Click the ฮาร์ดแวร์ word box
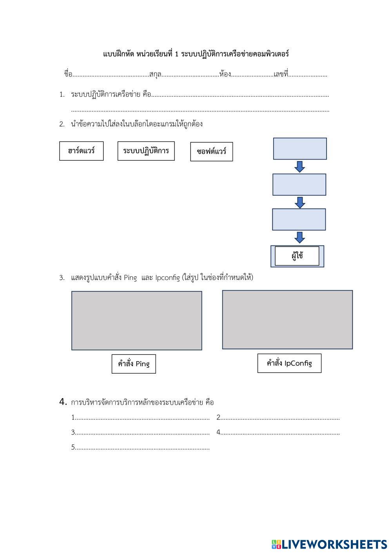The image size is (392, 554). point(82,151)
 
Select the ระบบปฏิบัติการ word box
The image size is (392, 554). point(146,151)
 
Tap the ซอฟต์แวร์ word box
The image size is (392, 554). point(211,152)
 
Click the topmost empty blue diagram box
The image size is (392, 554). point(300,149)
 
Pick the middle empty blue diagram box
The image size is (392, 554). point(299,185)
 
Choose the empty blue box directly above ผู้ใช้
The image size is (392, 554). point(299,220)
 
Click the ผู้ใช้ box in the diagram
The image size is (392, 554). point(297,256)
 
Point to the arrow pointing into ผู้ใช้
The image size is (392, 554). point(299,238)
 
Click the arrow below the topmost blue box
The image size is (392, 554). point(299,167)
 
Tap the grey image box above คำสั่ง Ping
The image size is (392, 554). point(137,321)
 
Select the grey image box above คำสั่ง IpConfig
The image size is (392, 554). point(287,320)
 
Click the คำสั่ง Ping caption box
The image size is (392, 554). point(134,364)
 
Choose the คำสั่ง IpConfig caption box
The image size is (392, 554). point(289,363)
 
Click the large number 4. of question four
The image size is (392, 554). point(63,401)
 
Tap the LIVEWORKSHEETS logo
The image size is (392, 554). point(329,544)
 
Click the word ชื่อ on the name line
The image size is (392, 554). point(68,74)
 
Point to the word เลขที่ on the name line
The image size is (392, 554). point(281,74)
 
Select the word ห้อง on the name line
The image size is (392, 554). point(225,74)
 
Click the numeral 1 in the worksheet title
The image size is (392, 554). point(176,54)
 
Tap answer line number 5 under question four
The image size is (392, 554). point(140,447)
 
